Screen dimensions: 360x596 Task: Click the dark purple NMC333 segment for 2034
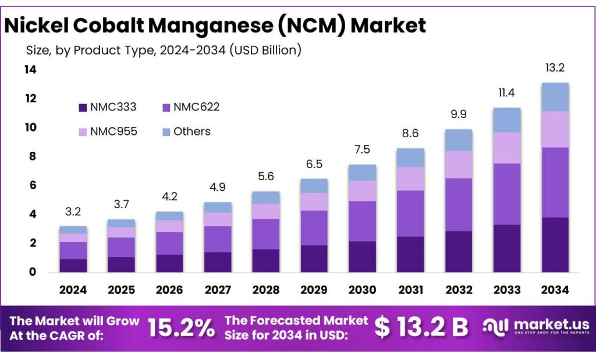tap(555, 244)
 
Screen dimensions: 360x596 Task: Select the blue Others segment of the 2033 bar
tap(506, 120)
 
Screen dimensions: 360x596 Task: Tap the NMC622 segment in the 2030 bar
tap(362, 221)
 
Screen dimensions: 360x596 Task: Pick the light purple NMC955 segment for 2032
tap(458, 165)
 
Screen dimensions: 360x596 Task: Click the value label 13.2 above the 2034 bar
tap(555, 68)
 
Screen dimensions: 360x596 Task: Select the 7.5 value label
tap(362, 150)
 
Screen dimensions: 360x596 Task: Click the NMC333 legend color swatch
tap(83, 107)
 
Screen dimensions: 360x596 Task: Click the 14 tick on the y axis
tap(30, 70)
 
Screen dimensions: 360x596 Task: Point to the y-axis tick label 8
tap(30, 156)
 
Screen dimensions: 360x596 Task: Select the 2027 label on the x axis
tap(217, 290)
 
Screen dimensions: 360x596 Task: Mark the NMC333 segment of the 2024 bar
tap(73, 265)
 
